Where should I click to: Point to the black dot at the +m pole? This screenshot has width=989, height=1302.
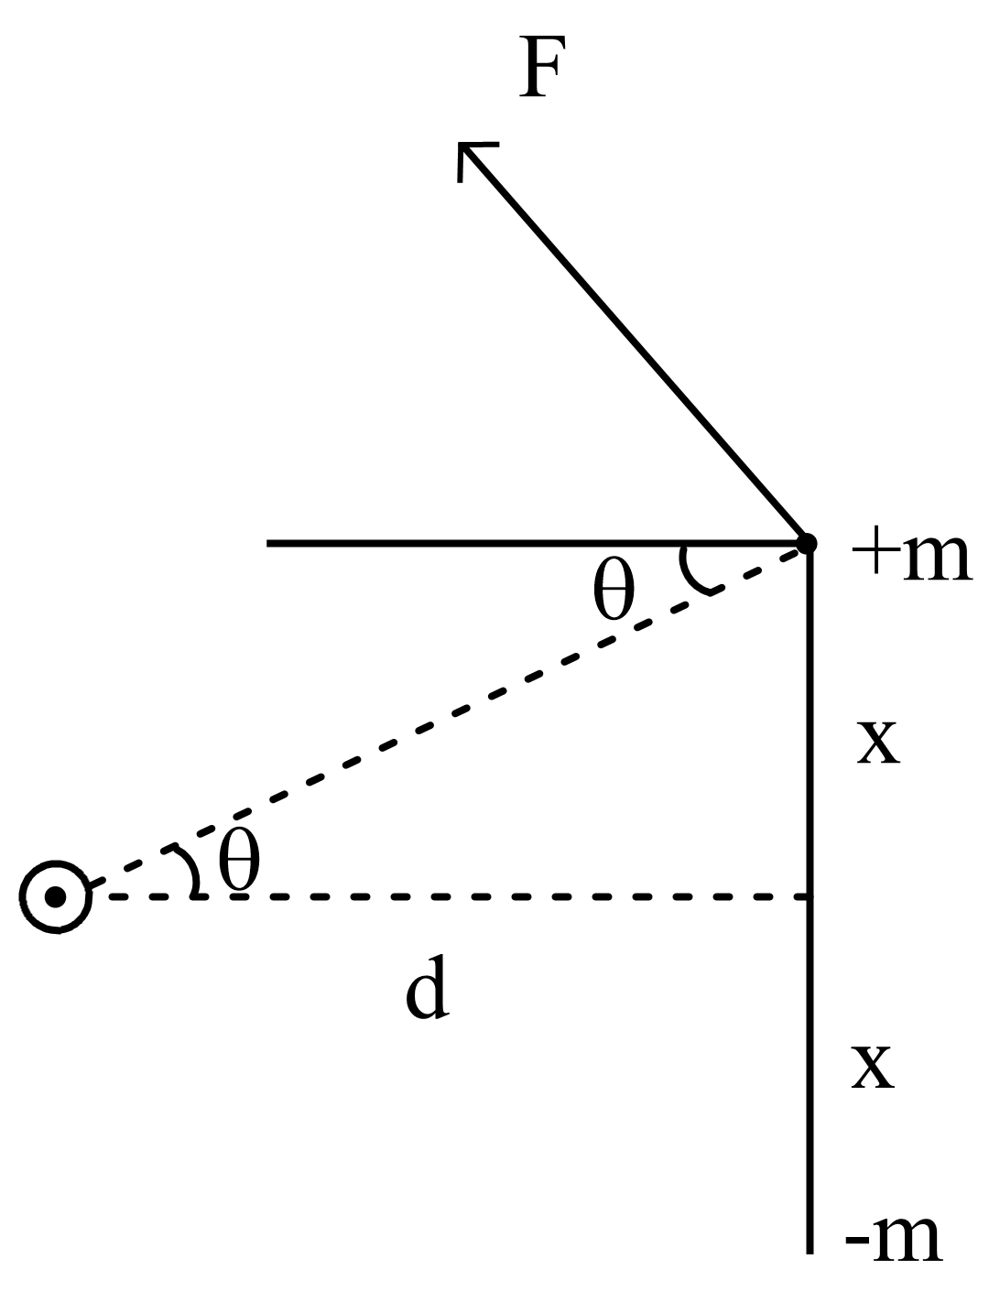(x=807, y=544)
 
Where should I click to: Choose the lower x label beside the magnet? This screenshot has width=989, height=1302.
(x=872, y=1066)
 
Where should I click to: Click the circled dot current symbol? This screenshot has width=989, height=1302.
(x=56, y=897)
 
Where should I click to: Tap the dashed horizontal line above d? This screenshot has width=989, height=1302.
(x=458, y=896)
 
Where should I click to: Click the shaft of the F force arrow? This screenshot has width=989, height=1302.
(x=632, y=343)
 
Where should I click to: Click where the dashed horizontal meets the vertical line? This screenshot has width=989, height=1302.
(x=810, y=896)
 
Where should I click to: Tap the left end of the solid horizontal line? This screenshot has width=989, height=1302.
(x=269, y=543)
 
